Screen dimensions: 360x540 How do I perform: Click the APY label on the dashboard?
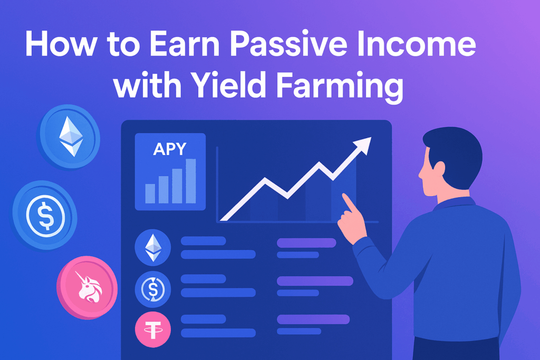[169, 149]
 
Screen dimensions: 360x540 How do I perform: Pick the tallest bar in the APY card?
[191, 181]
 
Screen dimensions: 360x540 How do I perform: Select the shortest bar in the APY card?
[150, 193]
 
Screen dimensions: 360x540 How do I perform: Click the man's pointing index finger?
[348, 202]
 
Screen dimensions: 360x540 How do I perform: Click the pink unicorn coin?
[86, 288]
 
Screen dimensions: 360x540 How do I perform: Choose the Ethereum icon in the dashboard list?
[153, 247]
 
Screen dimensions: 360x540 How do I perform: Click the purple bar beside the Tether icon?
[313, 319]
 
